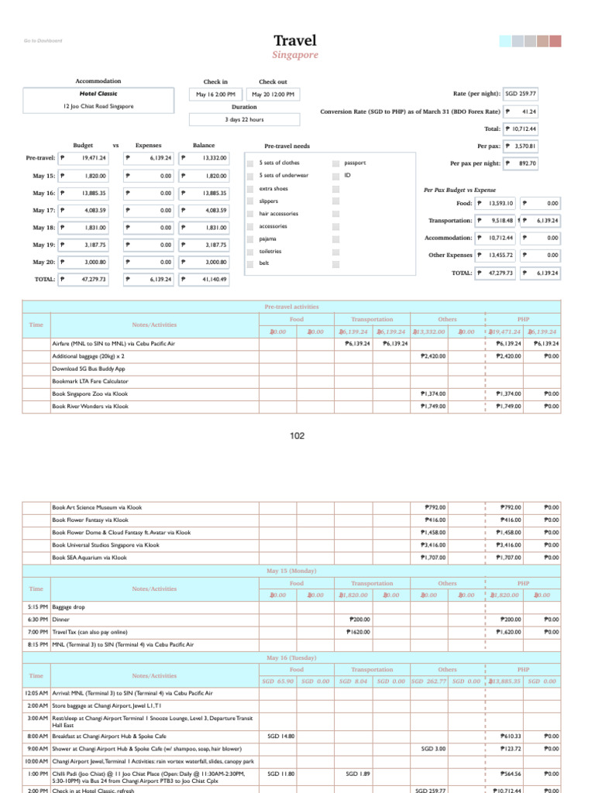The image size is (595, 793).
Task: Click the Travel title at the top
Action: (294, 41)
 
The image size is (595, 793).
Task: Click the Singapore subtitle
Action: (294, 56)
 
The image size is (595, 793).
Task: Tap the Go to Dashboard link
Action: (43, 41)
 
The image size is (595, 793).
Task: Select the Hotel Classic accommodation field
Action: (98, 94)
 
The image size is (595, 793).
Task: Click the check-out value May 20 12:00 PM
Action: (273, 94)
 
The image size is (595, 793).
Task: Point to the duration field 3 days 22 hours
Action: (245, 119)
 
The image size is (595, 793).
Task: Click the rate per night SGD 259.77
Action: (521, 94)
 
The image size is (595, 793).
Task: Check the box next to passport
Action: (335, 163)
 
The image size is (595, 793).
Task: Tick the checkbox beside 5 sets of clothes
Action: (249, 163)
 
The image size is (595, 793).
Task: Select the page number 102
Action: (297, 437)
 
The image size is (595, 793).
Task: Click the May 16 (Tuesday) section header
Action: (291, 657)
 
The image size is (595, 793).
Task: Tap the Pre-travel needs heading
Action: (287, 146)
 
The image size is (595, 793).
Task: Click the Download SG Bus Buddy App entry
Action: (88, 369)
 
